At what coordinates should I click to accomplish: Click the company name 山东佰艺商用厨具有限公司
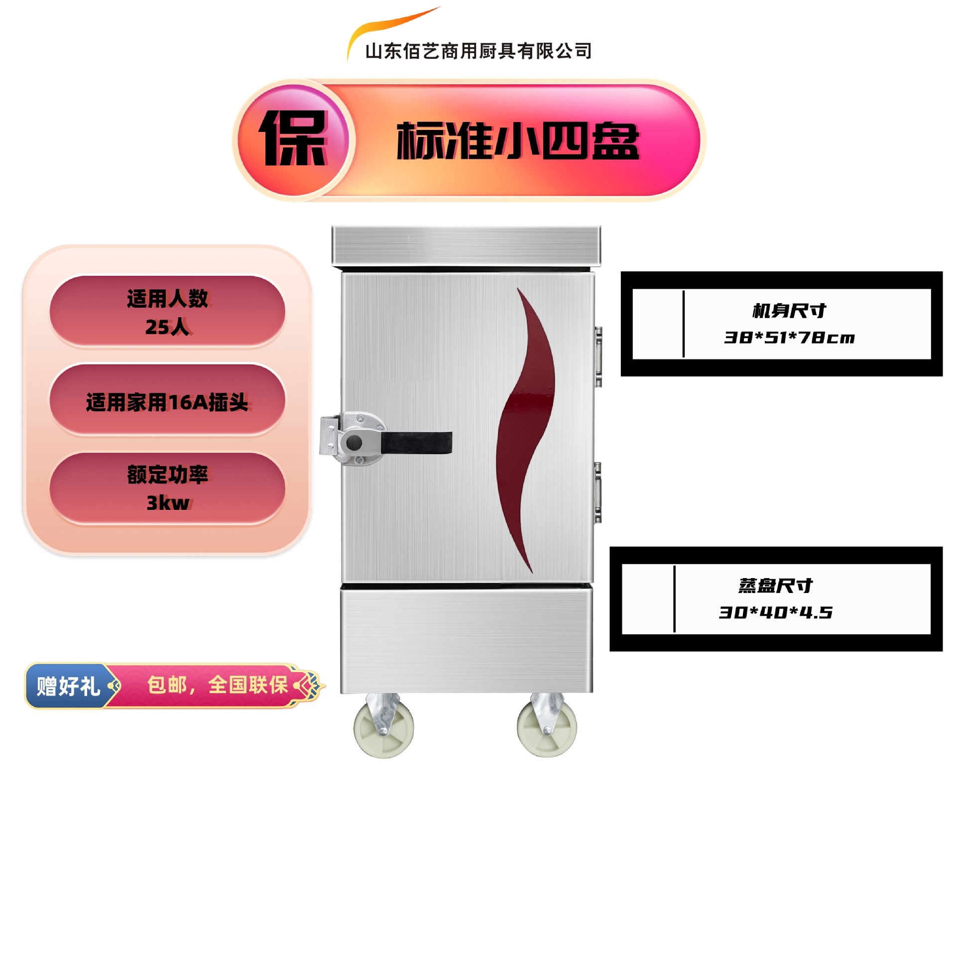[x=478, y=51]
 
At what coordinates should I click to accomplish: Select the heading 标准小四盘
[x=518, y=141]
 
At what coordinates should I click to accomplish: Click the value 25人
[x=167, y=327]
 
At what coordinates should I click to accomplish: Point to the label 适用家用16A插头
[x=167, y=402]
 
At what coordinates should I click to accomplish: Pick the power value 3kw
[x=167, y=503]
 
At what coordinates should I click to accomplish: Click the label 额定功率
[x=167, y=475]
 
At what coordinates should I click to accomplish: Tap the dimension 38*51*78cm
[x=789, y=338]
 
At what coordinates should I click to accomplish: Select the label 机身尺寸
[x=789, y=311]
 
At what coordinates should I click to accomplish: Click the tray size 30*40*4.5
[x=775, y=612]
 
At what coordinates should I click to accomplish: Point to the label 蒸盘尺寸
[x=775, y=586]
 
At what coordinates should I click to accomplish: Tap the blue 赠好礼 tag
[x=69, y=686]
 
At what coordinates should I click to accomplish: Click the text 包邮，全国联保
[x=217, y=685]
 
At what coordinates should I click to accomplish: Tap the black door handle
[x=416, y=442]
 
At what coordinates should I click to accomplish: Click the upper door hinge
[x=598, y=357]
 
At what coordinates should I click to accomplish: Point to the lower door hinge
[x=597, y=492]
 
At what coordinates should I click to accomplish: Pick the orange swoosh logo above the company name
[x=388, y=25]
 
